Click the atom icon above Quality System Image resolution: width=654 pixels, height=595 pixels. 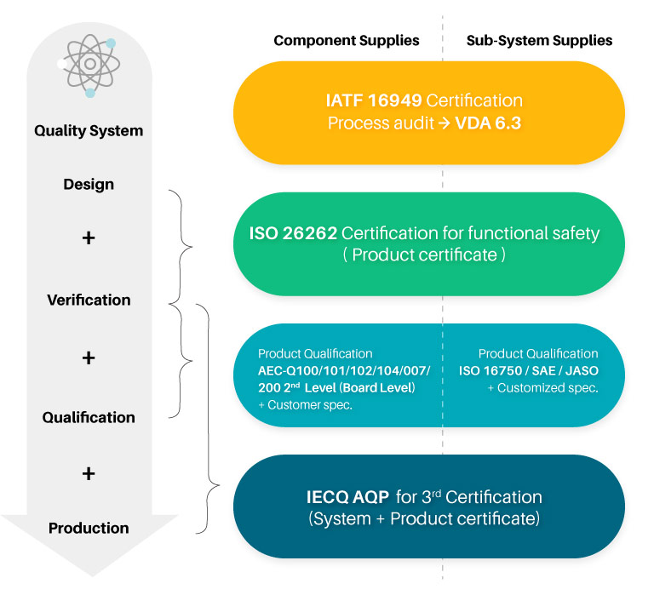(89, 66)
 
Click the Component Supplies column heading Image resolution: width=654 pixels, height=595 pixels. (347, 41)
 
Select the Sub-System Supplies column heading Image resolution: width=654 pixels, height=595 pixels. (539, 41)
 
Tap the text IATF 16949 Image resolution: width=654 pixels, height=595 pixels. (374, 100)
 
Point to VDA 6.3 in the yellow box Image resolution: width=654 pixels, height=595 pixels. (488, 123)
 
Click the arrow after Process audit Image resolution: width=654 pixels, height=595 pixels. (445, 123)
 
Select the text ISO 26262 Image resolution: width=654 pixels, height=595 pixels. (293, 233)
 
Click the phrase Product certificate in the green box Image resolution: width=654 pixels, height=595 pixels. (425, 255)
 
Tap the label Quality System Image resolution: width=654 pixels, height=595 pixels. (89, 131)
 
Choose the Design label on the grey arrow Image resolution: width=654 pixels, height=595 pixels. (89, 185)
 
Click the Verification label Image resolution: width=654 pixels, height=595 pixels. (89, 300)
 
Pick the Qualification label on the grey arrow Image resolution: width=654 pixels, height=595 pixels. (89, 417)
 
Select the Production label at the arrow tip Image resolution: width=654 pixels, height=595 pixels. (89, 528)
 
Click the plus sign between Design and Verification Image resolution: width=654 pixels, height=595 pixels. (89, 238)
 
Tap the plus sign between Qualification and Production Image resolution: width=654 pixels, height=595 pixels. (89, 473)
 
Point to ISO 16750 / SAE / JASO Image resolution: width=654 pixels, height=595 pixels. (529, 370)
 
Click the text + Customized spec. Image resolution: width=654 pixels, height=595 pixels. (543, 388)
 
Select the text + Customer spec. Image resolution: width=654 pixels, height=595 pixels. (306, 405)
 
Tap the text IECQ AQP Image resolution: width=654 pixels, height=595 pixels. (347, 497)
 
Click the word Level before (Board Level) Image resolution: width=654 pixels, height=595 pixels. (320, 388)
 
